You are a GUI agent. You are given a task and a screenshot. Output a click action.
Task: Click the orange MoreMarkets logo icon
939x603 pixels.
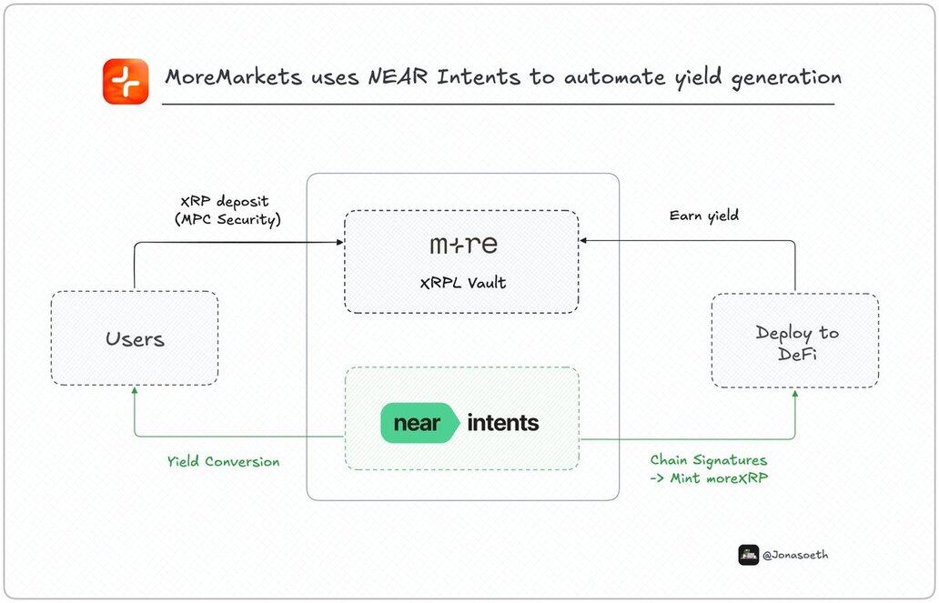pos(126,81)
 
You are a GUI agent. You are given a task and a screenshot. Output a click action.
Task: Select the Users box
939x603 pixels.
pos(135,338)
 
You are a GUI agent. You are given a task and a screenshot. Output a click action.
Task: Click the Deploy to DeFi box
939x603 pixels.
pos(795,341)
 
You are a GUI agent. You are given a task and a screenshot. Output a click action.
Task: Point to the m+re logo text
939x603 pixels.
pos(463,246)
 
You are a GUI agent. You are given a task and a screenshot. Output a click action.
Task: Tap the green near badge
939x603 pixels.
pos(417,423)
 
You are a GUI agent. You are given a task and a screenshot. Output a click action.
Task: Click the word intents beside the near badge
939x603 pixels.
pos(502,423)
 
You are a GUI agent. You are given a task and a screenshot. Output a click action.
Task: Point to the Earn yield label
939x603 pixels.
pos(703,216)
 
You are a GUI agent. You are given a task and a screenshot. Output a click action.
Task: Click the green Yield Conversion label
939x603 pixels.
pos(223,462)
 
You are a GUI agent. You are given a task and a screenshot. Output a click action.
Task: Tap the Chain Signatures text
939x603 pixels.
pos(709,461)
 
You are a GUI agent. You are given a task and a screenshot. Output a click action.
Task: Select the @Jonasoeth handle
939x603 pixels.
pos(796,555)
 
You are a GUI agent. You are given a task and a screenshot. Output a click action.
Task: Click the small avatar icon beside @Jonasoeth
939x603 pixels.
pos(749,555)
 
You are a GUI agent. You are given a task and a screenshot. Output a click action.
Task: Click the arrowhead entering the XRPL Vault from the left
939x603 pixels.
pos(339,242)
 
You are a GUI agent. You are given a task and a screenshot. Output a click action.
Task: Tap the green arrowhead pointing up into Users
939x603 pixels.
pos(135,389)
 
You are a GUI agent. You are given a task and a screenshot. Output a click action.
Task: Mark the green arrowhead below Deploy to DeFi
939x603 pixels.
pos(795,394)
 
